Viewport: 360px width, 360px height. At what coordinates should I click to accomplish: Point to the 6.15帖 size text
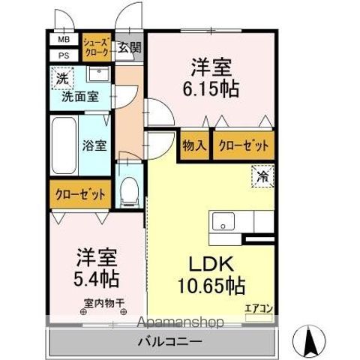pos(211,89)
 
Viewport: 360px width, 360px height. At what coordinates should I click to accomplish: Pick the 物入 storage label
pos(193,144)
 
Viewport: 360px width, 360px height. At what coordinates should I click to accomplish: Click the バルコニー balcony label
pos(168,341)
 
